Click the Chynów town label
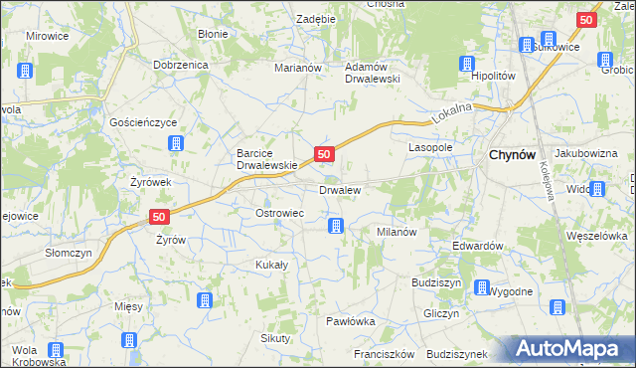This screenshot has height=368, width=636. [513, 155]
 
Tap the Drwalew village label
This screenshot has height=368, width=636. [339, 189]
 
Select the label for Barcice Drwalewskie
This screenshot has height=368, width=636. [266, 159]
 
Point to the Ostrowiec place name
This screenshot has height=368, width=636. [279, 213]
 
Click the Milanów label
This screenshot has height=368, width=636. [395, 231]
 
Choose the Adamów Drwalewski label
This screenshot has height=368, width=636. [371, 73]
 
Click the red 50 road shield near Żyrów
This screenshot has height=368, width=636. [161, 216]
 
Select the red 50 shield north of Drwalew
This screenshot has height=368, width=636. [324, 154]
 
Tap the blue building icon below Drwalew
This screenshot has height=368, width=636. [337, 226]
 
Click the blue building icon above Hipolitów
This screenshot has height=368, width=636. [467, 64]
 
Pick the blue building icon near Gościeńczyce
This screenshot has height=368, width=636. [176, 143]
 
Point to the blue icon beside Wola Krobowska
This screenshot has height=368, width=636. [56, 350]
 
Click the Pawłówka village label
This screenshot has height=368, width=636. [351, 321]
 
